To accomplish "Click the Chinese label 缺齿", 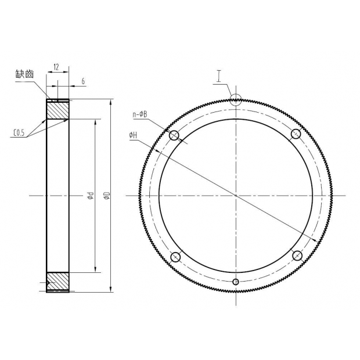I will pyautogui.click(x=27, y=75).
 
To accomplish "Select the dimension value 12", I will pyautogui.click(x=56, y=67).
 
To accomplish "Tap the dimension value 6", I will pyautogui.click(x=83, y=82).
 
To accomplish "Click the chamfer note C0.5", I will pyautogui.click(x=19, y=133).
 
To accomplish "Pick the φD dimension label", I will pyautogui.click(x=106, y=196).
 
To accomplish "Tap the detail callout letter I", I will pyautogui.click(x=219, y=75).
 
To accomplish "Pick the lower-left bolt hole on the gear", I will pyautogui.click(x=175, y=257).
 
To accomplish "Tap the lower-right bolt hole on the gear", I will pyautogui.click(x=296, y=257).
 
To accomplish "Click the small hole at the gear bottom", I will pyautogui.click(x=235, y=282).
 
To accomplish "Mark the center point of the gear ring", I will pyautogui.click(x=235, y=196).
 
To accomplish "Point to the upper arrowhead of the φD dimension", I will pyautogui.click(x=110, y=102).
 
